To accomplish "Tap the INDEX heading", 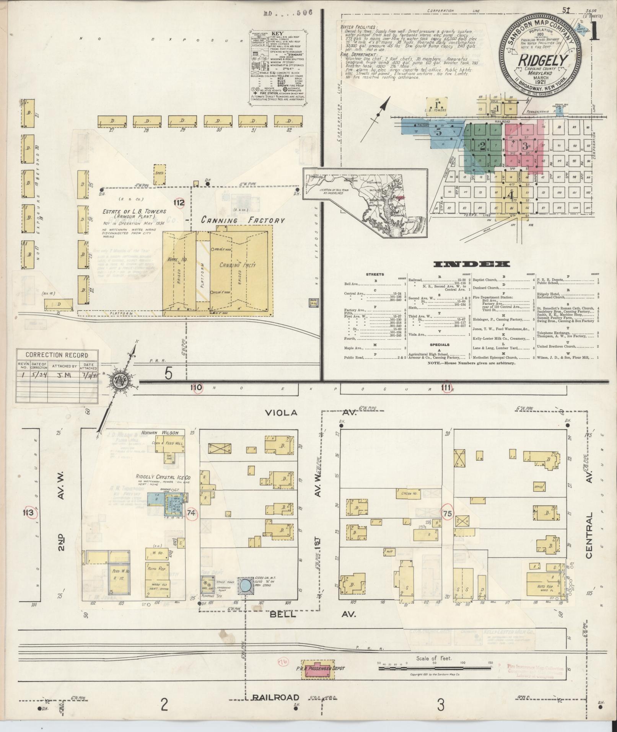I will coord(472,264).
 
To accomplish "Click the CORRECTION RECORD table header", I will coord(57,355).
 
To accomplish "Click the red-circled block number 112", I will coord(179,203).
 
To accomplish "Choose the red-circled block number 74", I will coord(192,514).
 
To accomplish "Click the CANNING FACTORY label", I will coord(243,220).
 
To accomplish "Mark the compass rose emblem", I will coord(124,381).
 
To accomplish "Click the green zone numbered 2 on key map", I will coord(483,146).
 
